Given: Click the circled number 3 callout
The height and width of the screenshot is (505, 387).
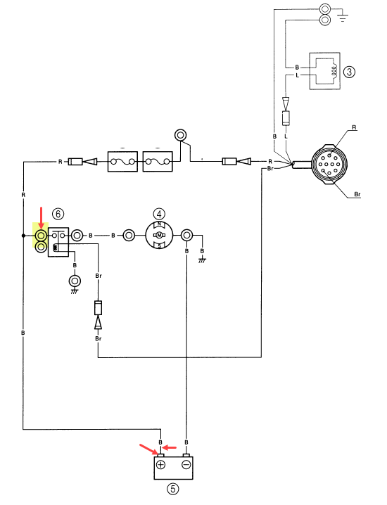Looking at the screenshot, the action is (349, 72).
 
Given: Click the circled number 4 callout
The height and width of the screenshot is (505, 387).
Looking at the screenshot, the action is (159, 214).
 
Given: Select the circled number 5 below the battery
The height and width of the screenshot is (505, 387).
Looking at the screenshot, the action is (172, 489).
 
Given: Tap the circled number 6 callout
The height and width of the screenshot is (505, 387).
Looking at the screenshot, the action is (58, 214).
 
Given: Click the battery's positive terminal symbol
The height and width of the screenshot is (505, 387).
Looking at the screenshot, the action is (160, 465).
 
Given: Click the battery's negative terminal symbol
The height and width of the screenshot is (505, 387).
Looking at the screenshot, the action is (186, 465).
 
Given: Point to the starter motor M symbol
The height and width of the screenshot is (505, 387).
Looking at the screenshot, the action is (159, 236).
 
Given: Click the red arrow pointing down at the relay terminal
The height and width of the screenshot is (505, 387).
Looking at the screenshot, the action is (41, 218).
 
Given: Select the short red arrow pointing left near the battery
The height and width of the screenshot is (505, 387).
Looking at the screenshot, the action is (169, 447).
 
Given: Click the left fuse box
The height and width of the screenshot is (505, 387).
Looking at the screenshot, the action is (122, 161).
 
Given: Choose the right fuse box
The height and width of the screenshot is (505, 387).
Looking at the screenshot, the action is (158, 161).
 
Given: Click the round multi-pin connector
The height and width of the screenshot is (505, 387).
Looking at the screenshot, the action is (329, 165).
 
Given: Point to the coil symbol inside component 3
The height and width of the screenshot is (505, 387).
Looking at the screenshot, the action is (334, 72).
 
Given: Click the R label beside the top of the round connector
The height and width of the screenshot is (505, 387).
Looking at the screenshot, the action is (354, 127).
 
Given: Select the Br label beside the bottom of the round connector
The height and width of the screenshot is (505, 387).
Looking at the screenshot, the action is (357, 194).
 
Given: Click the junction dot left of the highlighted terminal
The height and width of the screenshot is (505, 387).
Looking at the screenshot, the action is (23, 236).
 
